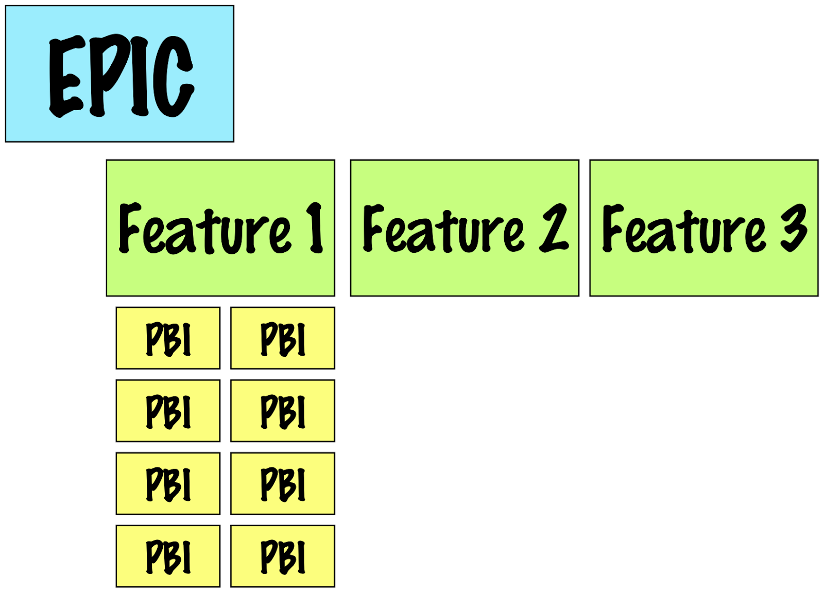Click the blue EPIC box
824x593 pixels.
[x=119, y=74]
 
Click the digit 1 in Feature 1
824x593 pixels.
[x=315, y=228]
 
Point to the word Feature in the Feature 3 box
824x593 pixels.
[x=683, y=230]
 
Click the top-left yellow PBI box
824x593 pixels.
[x=168, y=338]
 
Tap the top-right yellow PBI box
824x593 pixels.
[x=283, y=338]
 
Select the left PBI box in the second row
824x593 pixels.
[x=168, y=411]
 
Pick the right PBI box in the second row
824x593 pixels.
[x=283, y=411]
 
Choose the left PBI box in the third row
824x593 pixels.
[x=168, y=483]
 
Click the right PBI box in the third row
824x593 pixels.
[x=283, y=483]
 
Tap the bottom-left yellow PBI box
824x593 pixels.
[x=168, y=556]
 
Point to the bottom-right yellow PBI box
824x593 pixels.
[x=283, y=556]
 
